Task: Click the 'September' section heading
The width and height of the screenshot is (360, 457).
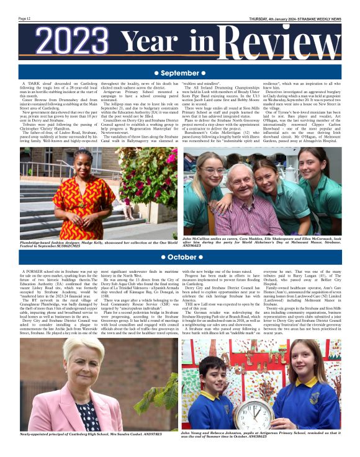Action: click(179, 73)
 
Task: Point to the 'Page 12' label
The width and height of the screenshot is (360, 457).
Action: click(25, 18)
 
